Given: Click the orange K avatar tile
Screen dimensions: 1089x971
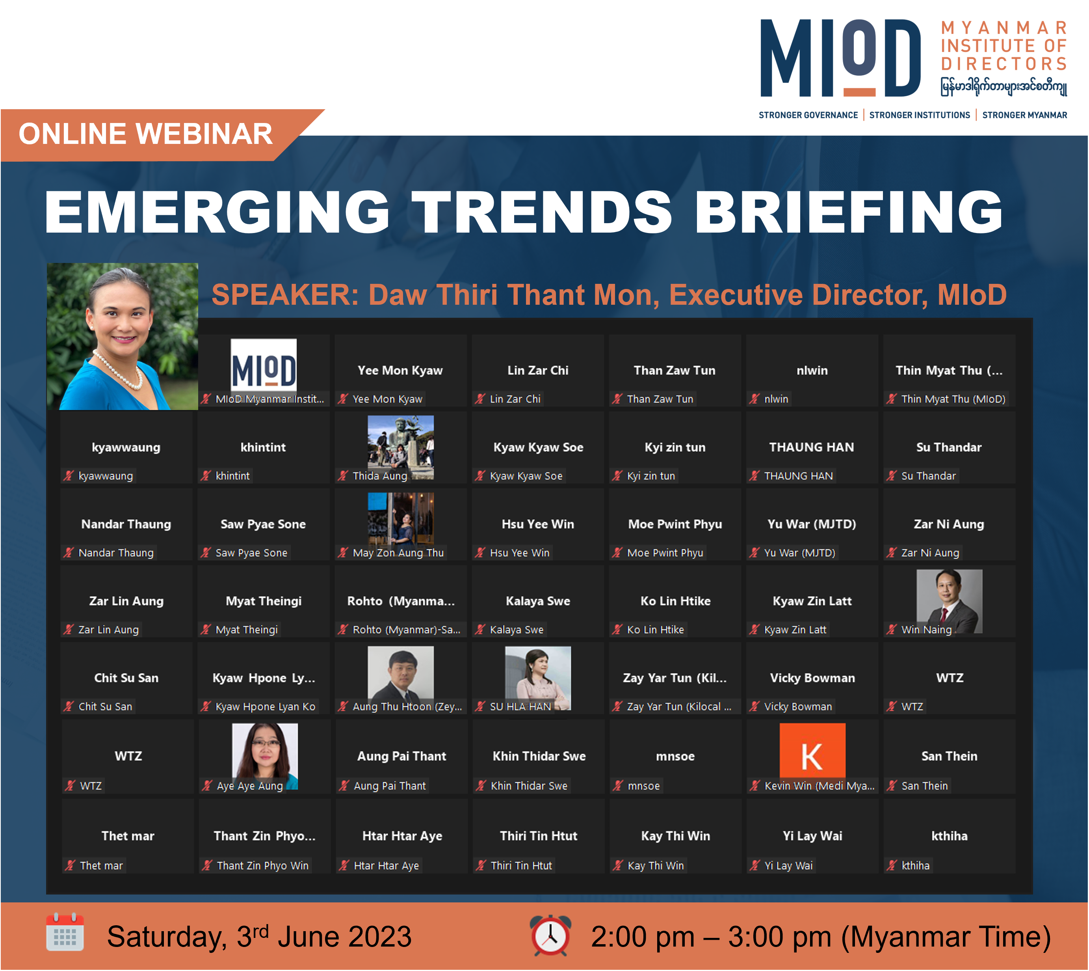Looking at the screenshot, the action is pyautogui.click(x=812, y=751).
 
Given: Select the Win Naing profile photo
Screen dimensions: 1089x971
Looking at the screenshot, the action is pyautogui.click(x=949, y=601).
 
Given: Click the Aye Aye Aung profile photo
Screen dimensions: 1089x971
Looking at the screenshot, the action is pyautogui.click(x=265, y=756).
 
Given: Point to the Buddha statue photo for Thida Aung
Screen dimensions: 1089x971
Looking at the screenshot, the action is pyautogui.click(x=401, y=447).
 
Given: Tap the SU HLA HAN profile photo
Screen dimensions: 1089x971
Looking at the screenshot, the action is pyautogui.click(x=538, y=678).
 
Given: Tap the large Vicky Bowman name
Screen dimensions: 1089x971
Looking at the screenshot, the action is pyautogui.click(x=812, y=678).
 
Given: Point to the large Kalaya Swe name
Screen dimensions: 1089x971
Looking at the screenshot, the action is pyautogui.click(x=538, y=601).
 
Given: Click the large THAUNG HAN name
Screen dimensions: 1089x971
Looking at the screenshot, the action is pyautogui.click(x=812, y=447).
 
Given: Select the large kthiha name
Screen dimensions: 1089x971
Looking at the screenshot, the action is pyautogui.click(x=949, y=836).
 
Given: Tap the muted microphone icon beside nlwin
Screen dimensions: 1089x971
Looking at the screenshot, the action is pyautogui.click(x=754, y=399).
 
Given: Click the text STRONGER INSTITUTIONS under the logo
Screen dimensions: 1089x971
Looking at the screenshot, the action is pyautogui.click(x=920, y=115).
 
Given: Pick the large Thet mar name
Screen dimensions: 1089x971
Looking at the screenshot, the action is pyautogui.click(x=128, y=836).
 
